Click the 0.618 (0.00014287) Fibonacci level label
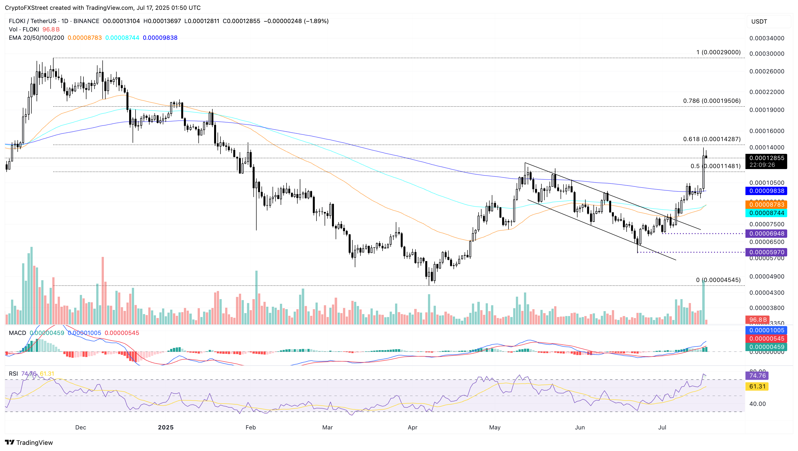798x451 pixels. click(x=712, y=139)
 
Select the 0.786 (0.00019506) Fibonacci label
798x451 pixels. click(x=712, y=101)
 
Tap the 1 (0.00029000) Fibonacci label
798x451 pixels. click(x=718, y=52)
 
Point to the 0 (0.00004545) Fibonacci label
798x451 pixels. click(x=718, y=280)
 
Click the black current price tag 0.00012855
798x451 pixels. click(x=766, y=158)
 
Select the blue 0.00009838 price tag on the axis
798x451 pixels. click(x=766, y=191)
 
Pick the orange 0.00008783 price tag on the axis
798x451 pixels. click(x=766, y=204)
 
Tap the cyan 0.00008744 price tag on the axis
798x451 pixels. click(x=766, y=213)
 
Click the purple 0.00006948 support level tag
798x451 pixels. click(x=766, y=234)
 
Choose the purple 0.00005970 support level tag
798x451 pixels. click(x=766, y=252)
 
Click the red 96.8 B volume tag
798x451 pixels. click(x=757, y=320)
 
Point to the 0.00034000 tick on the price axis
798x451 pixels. click(x=766, y=39)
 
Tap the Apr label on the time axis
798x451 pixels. click(x=412, y=427)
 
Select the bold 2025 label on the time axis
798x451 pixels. click(x=165, y=427)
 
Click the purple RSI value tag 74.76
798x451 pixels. click(x=757, y=376)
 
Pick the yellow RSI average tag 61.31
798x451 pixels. click(x=757, y=386)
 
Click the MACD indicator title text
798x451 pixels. click(x=17, y=333)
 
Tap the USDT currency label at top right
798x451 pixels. click(x=759, y=22)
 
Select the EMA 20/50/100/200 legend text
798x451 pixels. click(x=36, y=38)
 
